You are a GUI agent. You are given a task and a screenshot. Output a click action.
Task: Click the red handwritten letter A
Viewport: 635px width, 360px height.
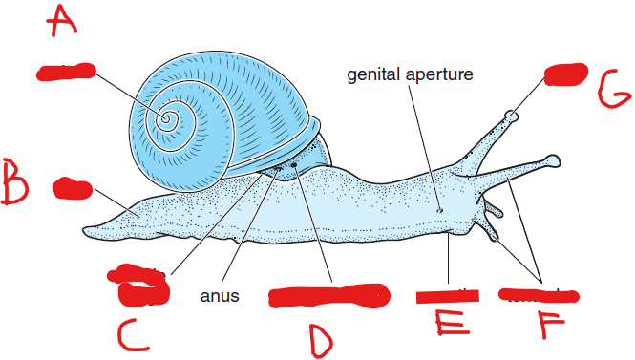[x=64, y=18]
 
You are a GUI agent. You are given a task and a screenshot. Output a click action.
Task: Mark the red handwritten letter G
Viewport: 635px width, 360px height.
[x=611, y=94]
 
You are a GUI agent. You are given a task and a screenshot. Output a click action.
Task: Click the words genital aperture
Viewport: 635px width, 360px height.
[x=410, y=74]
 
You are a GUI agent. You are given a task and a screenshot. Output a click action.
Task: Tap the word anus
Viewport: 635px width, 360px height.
[x=219, y=296]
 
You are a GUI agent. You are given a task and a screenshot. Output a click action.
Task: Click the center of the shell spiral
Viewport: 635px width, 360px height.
[x=167, y=119]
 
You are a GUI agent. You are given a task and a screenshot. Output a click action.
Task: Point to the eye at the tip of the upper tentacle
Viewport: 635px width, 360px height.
[x=512, y=117]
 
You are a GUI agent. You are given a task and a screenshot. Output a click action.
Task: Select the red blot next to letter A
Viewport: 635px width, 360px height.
[x=65, y=72]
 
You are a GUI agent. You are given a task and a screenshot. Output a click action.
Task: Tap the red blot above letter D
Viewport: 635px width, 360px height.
[x=326, y=296]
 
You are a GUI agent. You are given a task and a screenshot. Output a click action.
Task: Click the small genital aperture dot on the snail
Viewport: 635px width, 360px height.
[x=438, y=210]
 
